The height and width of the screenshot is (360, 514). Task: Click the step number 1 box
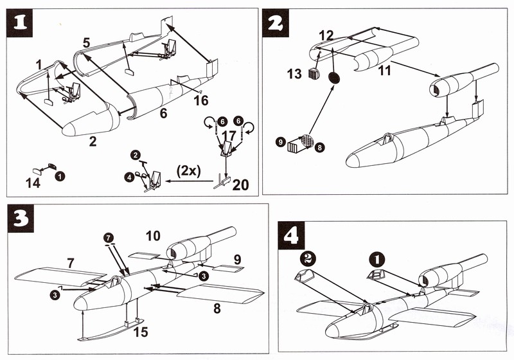[22, 24]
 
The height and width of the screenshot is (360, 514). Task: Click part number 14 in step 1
[33, 183]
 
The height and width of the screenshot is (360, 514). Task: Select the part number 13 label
[294, 74]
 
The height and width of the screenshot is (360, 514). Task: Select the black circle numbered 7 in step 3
[108, 238]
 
